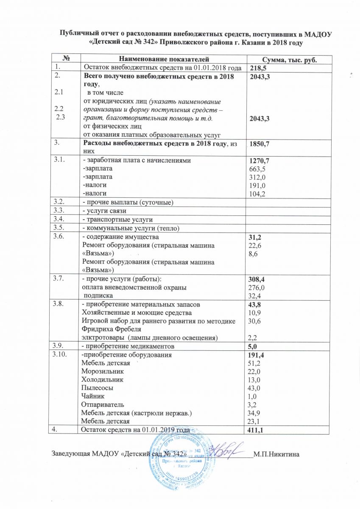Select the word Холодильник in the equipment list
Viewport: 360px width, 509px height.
point(100,379)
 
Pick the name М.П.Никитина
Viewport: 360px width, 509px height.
point(276,455)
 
